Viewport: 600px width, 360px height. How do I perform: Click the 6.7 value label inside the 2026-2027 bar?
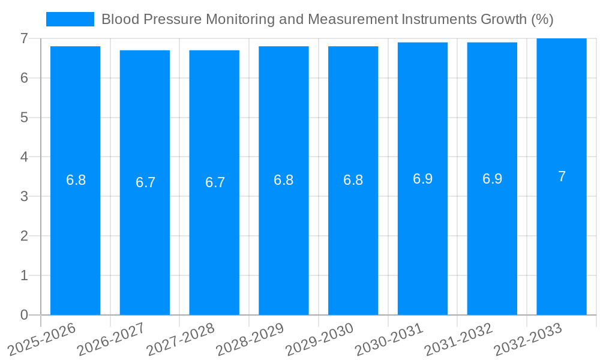tap(145, 182)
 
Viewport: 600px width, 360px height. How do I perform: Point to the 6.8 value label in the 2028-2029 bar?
tap(283, 180)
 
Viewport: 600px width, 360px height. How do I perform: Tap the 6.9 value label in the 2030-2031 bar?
tap(422, 178)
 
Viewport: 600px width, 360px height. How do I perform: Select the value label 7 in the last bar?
tap(562, 176)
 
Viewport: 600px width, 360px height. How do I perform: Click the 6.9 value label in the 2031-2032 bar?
tap(492, 178)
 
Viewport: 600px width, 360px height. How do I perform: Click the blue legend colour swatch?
tap(70, 19)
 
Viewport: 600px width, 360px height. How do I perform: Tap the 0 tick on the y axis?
tap(24, 315)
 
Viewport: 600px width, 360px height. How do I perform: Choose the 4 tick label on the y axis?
tap(24, 157)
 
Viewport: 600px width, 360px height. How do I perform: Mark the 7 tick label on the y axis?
tap(24, 38)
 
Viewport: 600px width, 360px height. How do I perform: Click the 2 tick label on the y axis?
tap(24, 236)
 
